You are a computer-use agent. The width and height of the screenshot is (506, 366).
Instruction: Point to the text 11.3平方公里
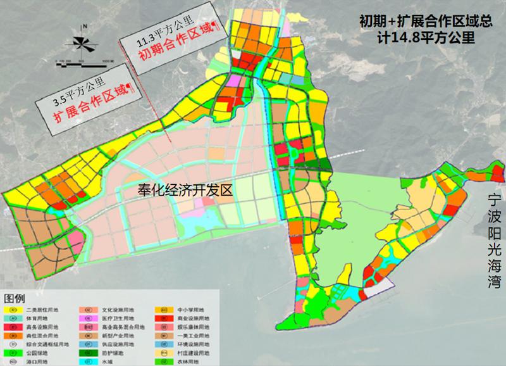pyautogui.click(x=164, y=32)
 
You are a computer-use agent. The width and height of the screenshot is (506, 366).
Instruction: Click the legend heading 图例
pyautogui.click(x=15, y=298)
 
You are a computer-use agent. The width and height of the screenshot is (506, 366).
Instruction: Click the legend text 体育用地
pyautogui.click(x=37, y=319)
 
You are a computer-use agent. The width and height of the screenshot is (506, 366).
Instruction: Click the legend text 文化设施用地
pyautogui.click(x=118, y=310)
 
